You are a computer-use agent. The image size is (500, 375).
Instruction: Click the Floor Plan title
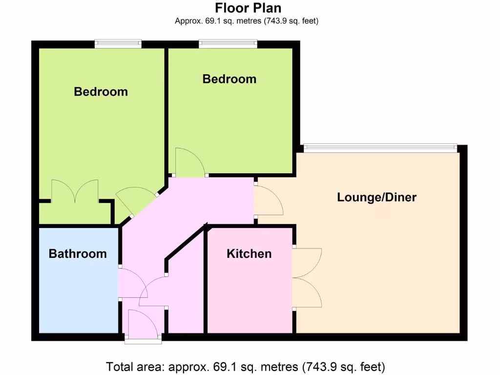click(248, 8)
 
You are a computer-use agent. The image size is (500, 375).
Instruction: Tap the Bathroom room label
click(78, 253)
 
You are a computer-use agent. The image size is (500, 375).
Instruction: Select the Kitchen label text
click(249, 253)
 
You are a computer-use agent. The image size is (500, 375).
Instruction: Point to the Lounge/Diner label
click(376, 197)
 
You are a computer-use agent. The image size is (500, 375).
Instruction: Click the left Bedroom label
click(101, 91)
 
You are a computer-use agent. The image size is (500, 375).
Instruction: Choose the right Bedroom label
click(229, 79)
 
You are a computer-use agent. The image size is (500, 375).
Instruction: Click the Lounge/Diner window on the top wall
click(380, 146)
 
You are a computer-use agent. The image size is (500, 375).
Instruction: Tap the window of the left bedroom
click(118, 44)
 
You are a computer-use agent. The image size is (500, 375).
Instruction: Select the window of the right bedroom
click(228, 44)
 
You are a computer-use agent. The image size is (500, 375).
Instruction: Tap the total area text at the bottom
click(246, 366)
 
